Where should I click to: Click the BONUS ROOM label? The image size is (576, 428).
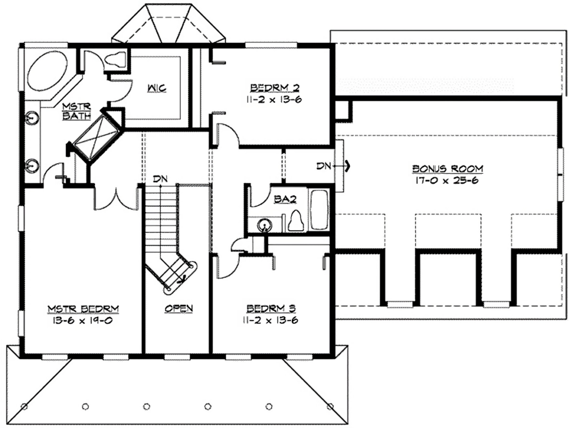tap(447, 169)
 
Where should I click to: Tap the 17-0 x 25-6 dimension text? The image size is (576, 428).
tap(447, 181)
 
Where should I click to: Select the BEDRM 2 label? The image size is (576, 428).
tap(274, 88)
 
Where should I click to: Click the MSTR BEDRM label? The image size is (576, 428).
tap(83, 309)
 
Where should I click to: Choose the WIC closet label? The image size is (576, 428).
tap(157, 88)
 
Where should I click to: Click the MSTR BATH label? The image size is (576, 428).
tap(76, 111)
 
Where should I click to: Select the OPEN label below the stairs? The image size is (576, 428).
tap(178, 308)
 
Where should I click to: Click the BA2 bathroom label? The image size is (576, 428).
tap(285, 199)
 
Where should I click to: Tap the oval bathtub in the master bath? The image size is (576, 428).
tap(47, 71)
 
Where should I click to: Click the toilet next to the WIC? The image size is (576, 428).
tap(116, 60)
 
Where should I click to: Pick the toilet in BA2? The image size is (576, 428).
tap(296, 221)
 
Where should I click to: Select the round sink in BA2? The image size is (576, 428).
tap(264, 224)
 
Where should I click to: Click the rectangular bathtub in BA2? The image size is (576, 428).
tap(319, 210)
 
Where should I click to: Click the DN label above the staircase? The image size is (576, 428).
tap(160, 179)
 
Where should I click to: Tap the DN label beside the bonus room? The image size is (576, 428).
tap(323, 166)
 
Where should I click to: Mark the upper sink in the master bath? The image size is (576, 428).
tap(32, 118)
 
